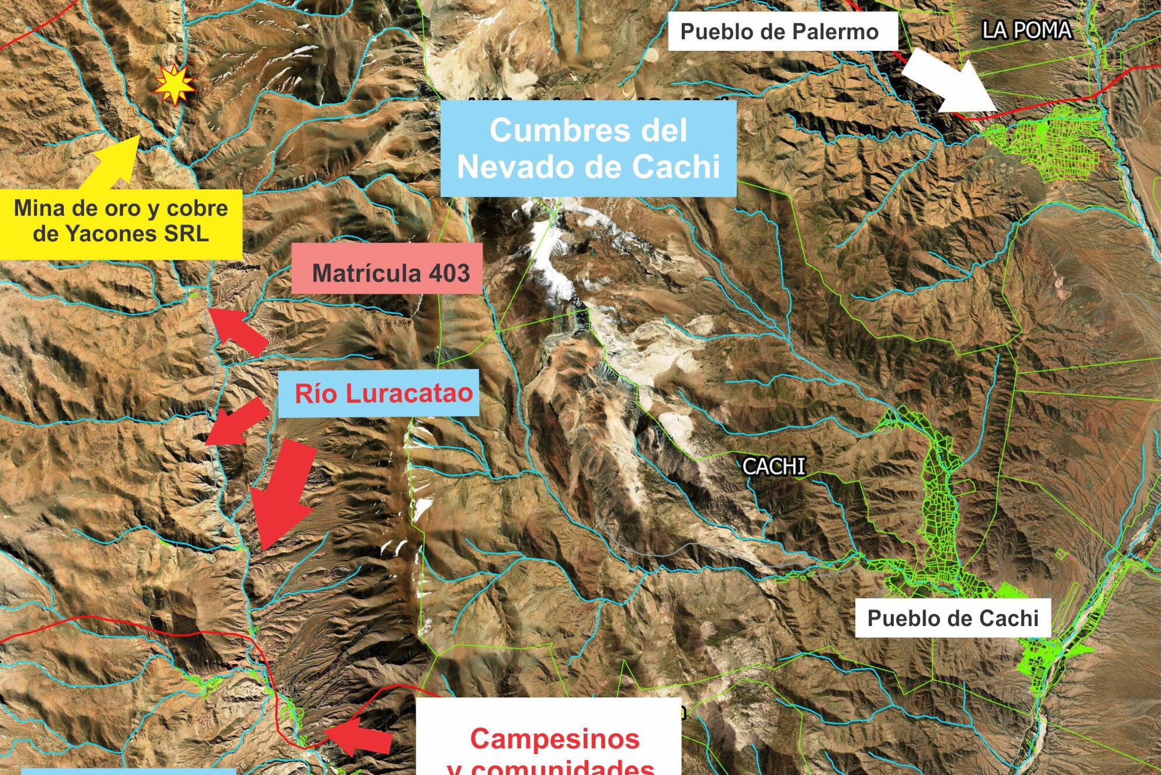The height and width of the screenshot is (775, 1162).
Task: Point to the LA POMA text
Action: click(x=1026, y=30)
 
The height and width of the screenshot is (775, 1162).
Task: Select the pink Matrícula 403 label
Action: click(x=387, y=272)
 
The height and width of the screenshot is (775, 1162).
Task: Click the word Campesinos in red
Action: click(x=554, y=738)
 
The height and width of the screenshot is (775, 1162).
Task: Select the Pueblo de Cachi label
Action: click(x=952, y=618)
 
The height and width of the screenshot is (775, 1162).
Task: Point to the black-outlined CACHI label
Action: click(x=773, y=466)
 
